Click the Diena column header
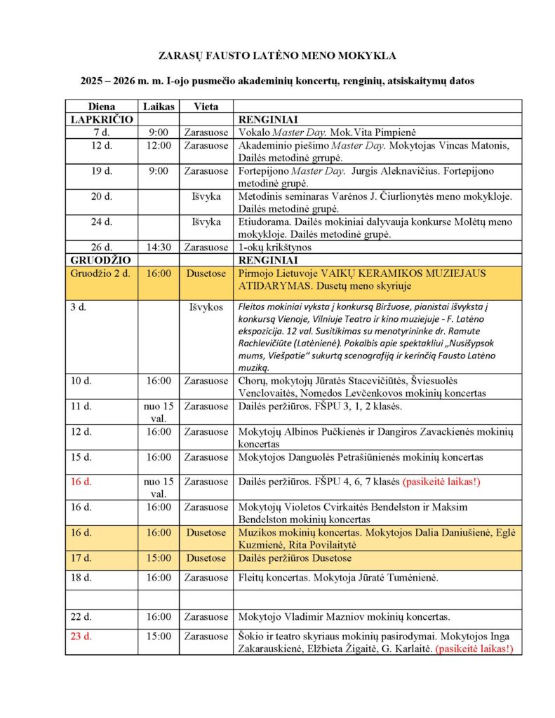tap(102, 107)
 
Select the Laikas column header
tap(157, 107)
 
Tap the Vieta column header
tap(206, 107)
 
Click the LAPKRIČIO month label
tap(102, 120)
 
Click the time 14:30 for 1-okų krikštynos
tap(157, 247)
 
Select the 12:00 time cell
tap(157, 146)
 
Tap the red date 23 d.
tap(81, 637)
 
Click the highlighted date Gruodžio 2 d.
tap(100, 274)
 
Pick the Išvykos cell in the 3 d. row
tap(206, 307)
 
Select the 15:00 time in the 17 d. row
tap(157, 558)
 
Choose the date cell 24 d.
tap(102, 222)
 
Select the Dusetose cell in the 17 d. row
tap(206, 558)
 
